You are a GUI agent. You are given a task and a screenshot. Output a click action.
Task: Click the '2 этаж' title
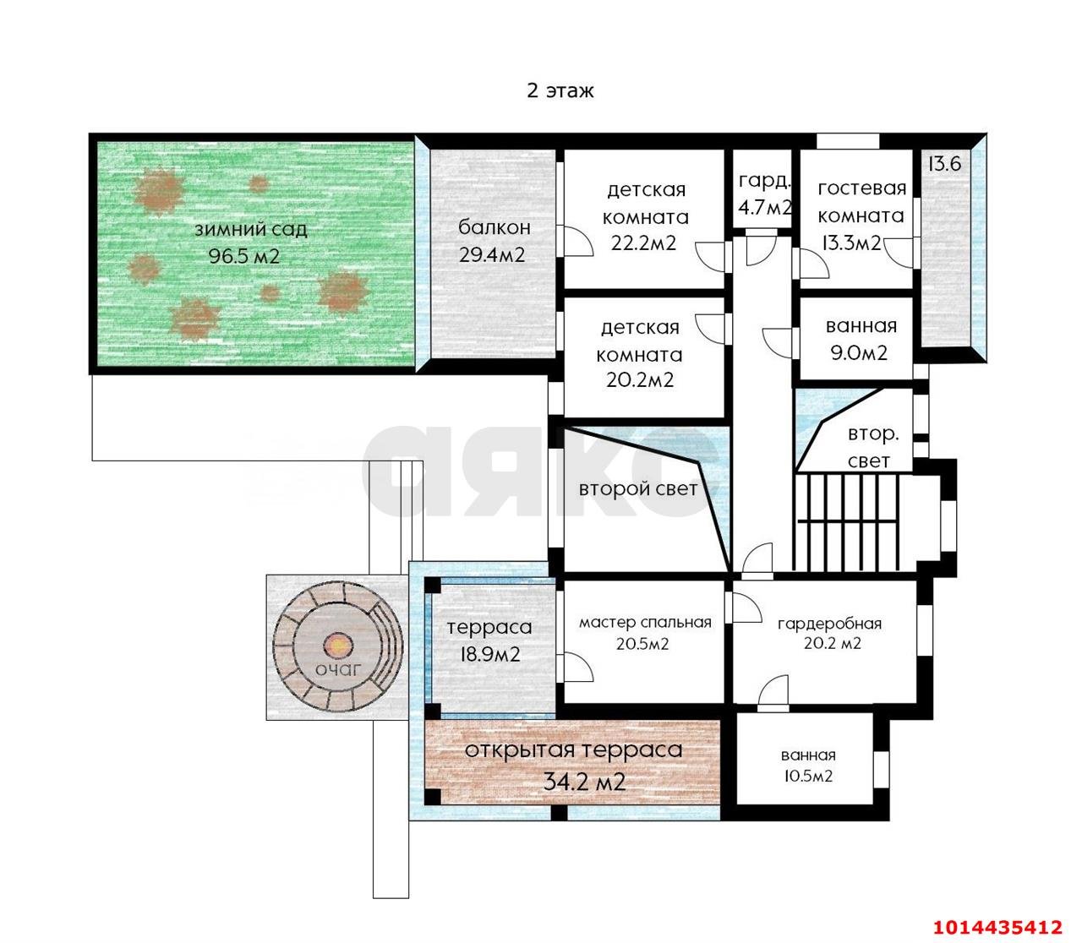point(560,91)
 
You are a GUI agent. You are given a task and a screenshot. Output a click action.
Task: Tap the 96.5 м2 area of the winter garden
point(243,256)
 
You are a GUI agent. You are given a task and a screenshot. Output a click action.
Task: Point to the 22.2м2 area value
point(643,243)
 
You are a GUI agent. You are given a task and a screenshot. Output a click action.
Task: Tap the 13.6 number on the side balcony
point(944,165)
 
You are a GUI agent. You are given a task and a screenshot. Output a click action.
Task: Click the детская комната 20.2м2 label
point(640,353)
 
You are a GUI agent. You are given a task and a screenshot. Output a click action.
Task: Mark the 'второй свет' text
point(638,488)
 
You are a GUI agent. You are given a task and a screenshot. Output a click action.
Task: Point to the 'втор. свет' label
point(873,448)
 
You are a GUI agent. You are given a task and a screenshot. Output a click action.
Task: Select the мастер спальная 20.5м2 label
point(645,633)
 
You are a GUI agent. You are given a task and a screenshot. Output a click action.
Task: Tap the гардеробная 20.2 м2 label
point(830,633)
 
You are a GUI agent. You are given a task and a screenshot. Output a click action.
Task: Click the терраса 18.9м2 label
point(489,640)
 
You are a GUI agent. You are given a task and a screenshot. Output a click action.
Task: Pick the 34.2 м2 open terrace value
point(584,782)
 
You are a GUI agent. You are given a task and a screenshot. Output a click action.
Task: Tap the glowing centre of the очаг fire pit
point(337,645)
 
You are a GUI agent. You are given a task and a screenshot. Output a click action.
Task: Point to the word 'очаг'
point(338,670)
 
